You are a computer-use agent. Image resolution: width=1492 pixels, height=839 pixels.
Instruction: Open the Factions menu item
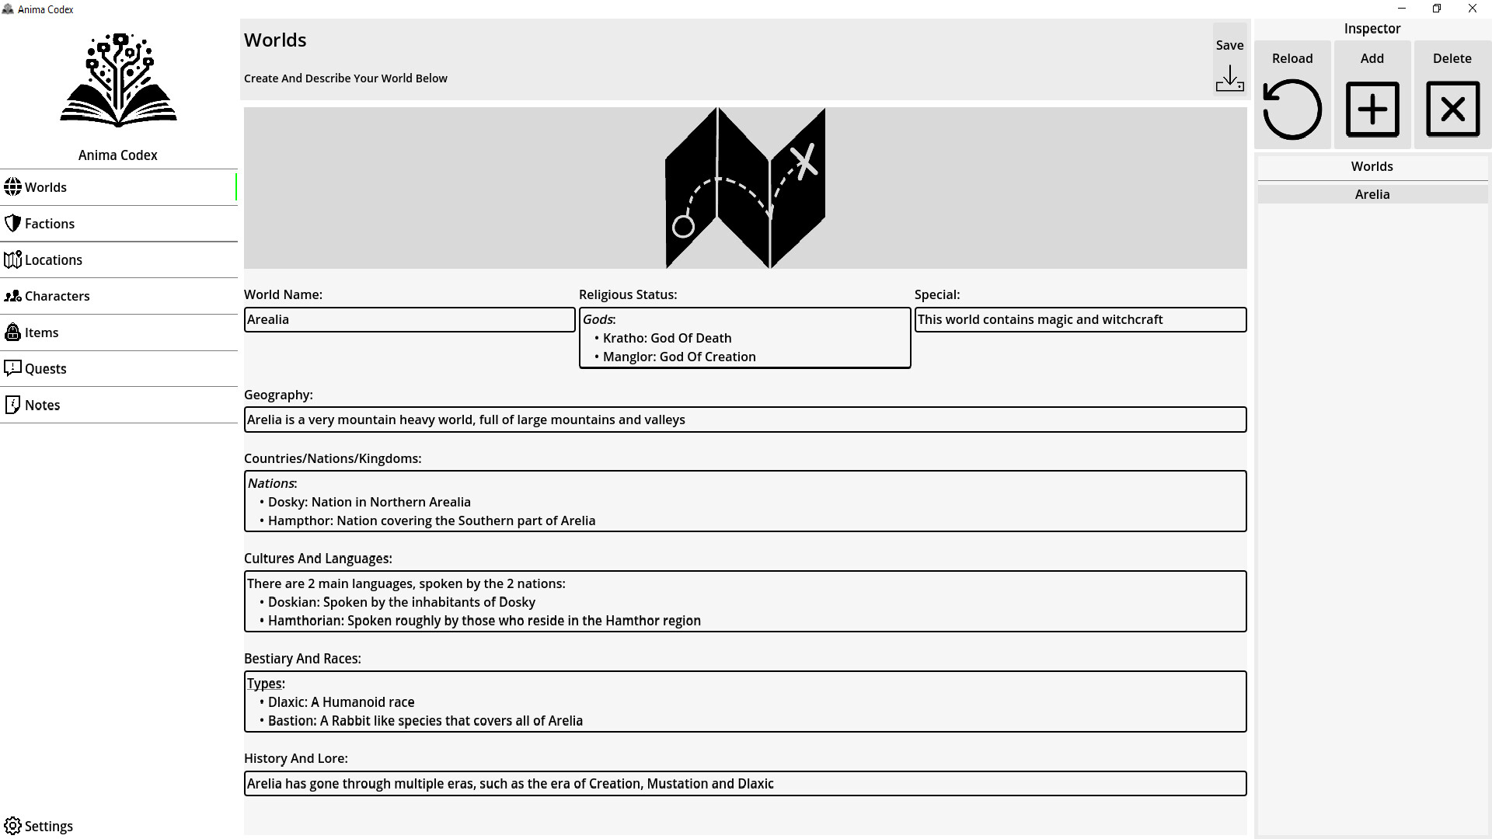(x=50, y=224)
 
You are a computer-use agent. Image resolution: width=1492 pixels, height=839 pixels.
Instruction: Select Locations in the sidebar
(x=53, y=260)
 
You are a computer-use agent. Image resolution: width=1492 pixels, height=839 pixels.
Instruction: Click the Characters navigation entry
(x=57, y=296)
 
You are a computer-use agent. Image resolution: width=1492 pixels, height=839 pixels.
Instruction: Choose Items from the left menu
(x=41, y=332)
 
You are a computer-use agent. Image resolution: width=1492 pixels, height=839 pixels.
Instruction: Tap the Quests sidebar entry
(x=45, y=369)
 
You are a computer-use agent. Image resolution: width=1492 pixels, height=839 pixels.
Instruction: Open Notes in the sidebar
(x=42, y=406)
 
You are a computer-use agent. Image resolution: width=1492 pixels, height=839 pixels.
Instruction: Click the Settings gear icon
(x=13, y=826)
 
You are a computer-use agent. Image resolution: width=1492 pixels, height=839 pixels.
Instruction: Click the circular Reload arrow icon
(x=1292, y=110)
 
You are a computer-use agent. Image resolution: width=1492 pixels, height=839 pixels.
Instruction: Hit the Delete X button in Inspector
(x=1452, y=110)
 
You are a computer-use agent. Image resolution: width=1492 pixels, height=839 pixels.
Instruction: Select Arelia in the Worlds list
(x=1372, y=194)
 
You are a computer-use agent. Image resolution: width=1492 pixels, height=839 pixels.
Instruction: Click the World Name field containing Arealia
(x=410, y=319)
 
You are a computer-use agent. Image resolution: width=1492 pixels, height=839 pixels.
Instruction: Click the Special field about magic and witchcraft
(x=1080, y=319)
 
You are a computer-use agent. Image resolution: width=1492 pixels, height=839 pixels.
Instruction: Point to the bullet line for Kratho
(x=667, y=338)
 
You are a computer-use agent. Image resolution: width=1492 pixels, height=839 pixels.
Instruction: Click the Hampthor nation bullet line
(x=431, y=520)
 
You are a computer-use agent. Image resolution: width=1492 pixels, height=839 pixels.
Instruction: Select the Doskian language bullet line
(x=401, y=602)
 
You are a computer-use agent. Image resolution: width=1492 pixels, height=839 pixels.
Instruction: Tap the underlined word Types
(x=264, y=684)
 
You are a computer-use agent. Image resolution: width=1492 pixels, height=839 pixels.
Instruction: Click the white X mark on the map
(x=804, y=161)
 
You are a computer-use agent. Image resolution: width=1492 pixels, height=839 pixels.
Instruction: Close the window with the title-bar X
(x=1473, y=9)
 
